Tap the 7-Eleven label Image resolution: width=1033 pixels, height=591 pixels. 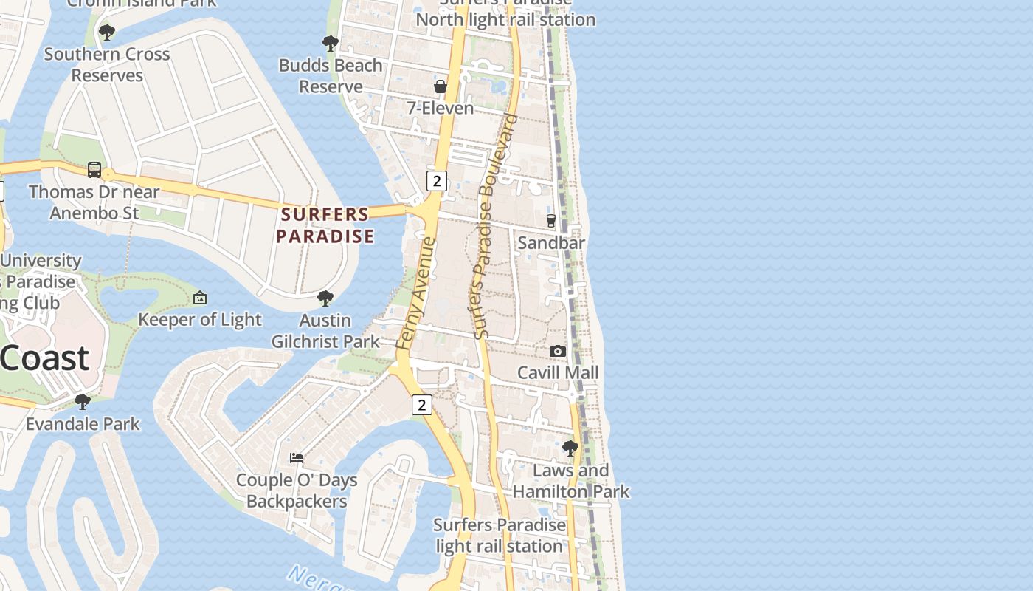coord(441,108)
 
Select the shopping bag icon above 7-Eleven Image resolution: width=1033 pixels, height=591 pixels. coord(441,86)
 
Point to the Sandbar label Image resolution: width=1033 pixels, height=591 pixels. coord(551,242)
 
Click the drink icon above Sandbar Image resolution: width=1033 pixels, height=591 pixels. coord(550,220)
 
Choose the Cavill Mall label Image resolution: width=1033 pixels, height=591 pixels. coord(558,372)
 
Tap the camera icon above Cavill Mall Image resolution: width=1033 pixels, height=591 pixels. coord(558,351)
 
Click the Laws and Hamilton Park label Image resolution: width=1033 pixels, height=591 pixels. coord(571,481)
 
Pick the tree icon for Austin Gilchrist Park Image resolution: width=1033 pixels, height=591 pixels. coord(325,298)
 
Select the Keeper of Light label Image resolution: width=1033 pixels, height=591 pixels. coord(200,319)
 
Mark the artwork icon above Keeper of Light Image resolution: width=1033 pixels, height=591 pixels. coord(199,298)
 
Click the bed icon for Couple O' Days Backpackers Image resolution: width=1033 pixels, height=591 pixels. coord(297,458)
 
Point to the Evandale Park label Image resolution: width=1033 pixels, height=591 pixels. coord(83,424)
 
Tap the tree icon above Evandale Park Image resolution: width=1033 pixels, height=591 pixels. coord(83,402)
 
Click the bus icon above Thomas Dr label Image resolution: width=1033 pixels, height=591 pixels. coord(94,170)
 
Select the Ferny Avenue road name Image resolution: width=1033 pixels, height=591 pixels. coord(416,293)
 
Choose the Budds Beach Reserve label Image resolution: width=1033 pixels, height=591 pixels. coord(331,75)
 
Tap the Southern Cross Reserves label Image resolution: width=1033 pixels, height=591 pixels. coord(107,64)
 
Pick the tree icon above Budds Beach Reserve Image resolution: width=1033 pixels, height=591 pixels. coord(331,43)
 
